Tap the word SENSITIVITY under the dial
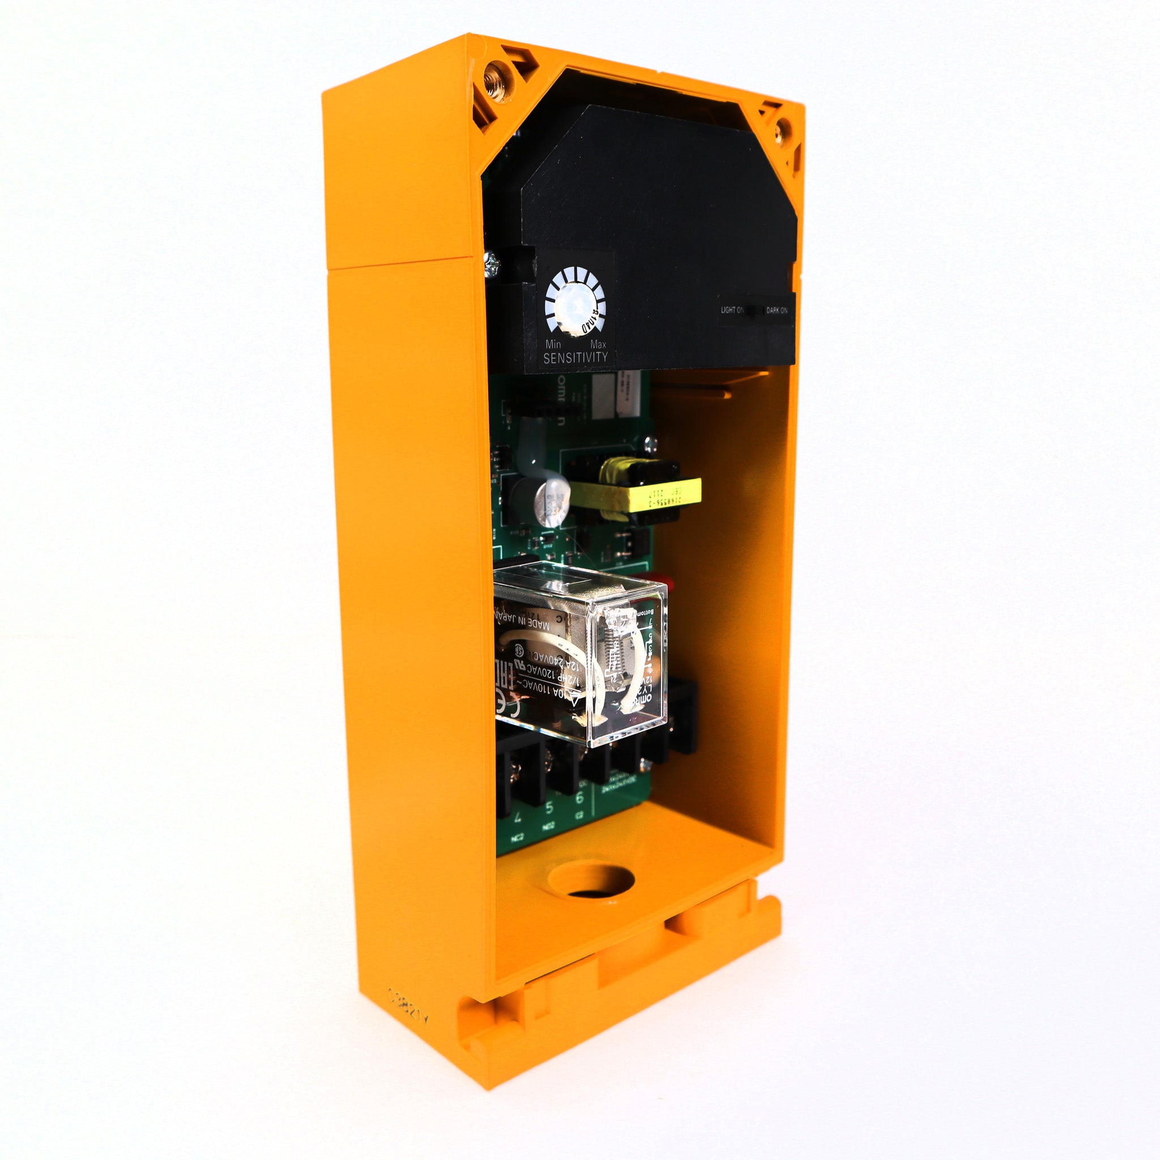point(575,358)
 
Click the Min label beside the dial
point(552,344)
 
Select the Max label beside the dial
point(598,344)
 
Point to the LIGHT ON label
point(732,310)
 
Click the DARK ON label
point(777,310)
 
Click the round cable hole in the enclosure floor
point(591,880)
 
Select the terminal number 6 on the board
point(579,798)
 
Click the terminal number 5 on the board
point(549,808)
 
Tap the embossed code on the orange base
point(408,1000)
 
